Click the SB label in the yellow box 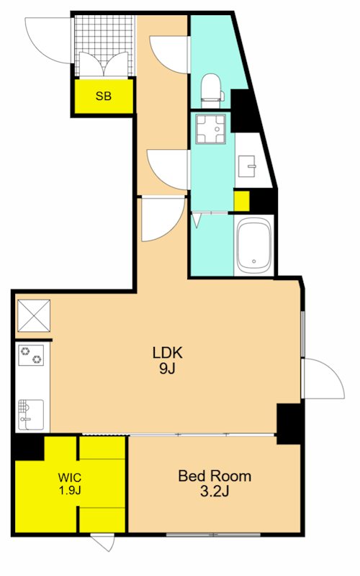point(103,96)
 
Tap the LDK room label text point(168,353)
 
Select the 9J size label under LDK point(167,369)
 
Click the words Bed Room point(215,476)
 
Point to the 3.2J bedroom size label point(215,491)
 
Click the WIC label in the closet point(69,478)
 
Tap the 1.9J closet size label point(70,490)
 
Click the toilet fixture point(212,91)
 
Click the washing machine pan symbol point(210,130)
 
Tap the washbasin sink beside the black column point(247,166)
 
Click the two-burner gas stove point(31,355)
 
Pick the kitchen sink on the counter point(31,415)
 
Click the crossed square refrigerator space point(34,315)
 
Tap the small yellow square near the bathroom point(242,202)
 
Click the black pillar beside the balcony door point(289,423)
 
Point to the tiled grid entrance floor point(104,45)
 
